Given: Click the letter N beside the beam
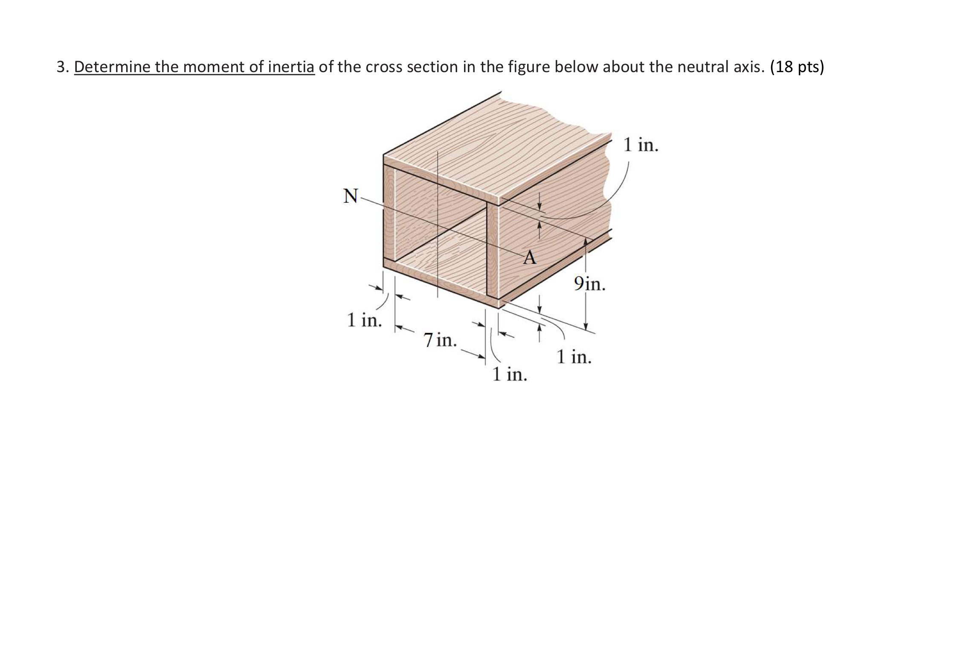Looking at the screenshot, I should pyautogui.click(x=351, y=196).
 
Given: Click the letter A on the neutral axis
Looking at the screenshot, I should pyautogui.click(x=530, y=258).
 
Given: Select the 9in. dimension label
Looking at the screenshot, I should pyautogui.click(x=589, y=283).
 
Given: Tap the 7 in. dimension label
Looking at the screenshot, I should pyautogui.click(x=440, y=340).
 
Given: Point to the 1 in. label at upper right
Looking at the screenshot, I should pyautogui.click(x=641, y=145).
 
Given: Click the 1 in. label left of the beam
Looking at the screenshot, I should pyautogui.click(x=364, y=320).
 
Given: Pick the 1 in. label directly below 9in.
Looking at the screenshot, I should pyautogui.click(x=574, y=356).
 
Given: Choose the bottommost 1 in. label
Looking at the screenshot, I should pyautogui.click(x=510, y=374).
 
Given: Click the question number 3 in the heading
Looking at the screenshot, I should pyautogui.click(x=62, y=67).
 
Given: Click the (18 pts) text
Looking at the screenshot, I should pyautogui.click(x=797, y=67).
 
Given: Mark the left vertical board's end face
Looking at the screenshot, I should pyautogui.click(x=389, y=213).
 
